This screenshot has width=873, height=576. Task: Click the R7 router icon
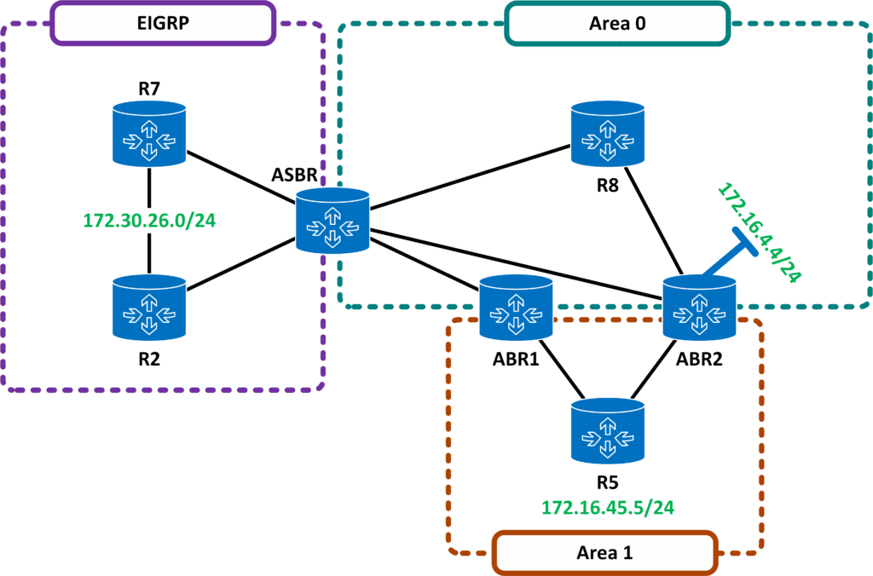click(150, 133)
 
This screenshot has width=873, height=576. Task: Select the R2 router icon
click(150, 306)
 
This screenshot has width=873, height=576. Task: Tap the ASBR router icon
click(333, 220)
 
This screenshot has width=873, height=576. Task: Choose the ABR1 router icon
click(516, 306)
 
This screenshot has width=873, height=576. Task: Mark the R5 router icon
click(608, 430)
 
